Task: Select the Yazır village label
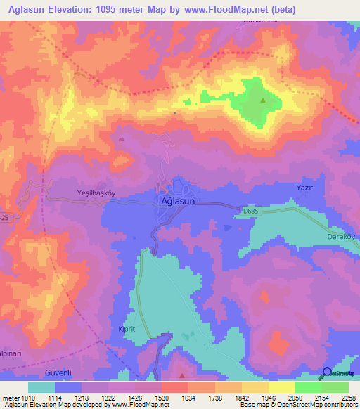coord(304,188)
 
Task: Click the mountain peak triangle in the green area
coord(263,100)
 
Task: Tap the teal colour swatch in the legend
coord(41,387)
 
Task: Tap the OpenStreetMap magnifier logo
coord(327,374)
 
